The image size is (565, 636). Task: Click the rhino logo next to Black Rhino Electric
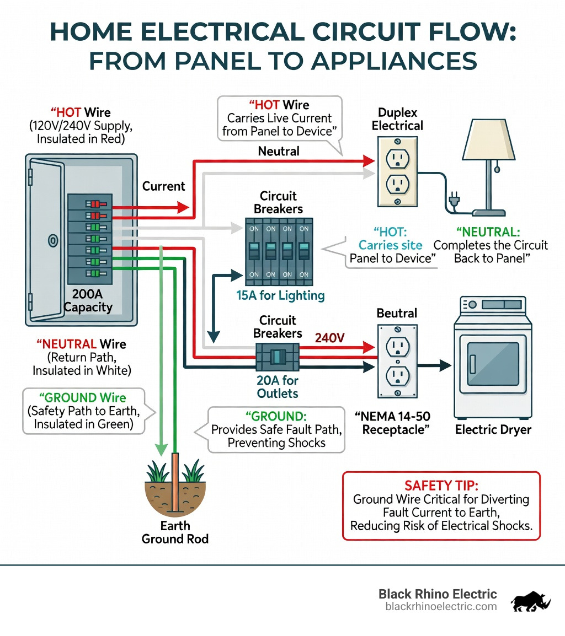tap(531, 601)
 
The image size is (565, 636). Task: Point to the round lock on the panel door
tap(53, 240)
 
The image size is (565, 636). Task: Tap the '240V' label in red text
tap(330, 338)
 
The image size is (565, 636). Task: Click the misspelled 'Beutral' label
tap(397, 313)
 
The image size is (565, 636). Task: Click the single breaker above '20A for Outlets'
tap(278, 357)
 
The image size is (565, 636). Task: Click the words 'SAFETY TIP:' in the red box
tap(441, 485)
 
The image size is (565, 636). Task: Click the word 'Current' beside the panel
tap(163, 186)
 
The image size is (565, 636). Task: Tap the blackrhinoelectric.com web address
tap(441, 606)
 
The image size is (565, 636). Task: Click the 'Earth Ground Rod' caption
tap(175, 532)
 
